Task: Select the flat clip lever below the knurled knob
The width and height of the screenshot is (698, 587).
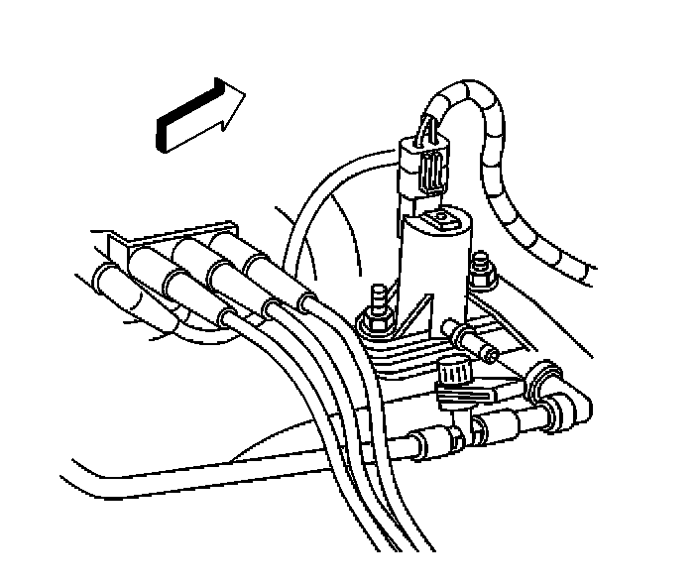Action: (460, 397)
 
